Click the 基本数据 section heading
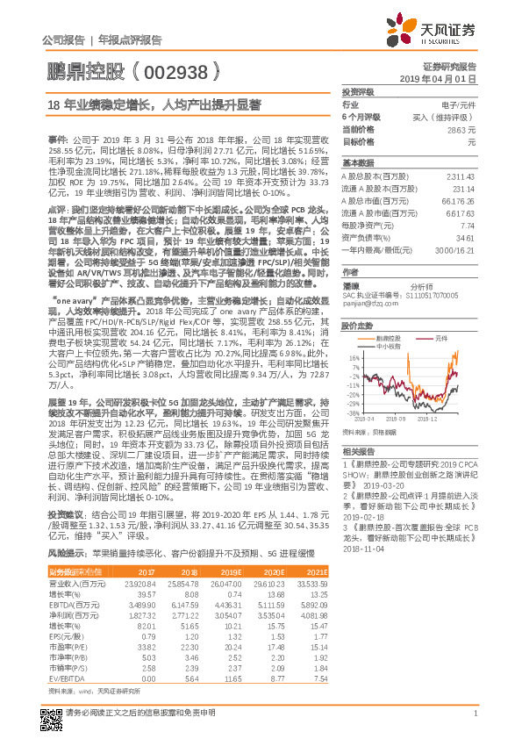[x=357, y=163]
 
